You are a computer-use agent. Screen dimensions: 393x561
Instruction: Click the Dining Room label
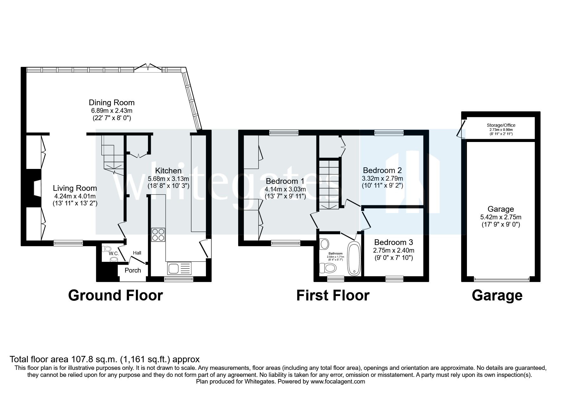pyautogui.click(x=112, y=103)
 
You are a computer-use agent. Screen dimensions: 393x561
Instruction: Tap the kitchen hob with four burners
pyautogui.click(x=158, y=235)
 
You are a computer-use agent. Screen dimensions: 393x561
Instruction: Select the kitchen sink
pyautogui.click(x=180, y=268)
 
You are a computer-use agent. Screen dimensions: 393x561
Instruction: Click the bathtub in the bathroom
pyautogui.click(x=354, y=259)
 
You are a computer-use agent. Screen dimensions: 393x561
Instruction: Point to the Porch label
pyautogui.click(x=133, y=270)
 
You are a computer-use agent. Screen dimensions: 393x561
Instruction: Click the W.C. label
pyautogui.click(x=113, y=254)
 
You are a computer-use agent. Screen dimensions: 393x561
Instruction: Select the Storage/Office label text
pyautogui.click(x=500, y=125)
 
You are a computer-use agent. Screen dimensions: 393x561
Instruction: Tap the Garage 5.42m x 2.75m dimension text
pyautogui.click(x=500, y=217)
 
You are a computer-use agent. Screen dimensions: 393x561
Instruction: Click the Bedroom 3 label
pyautogui.click(x=393, y=242)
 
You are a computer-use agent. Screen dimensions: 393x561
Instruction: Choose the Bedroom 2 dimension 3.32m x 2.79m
pyautogui.click(x=383, y=178)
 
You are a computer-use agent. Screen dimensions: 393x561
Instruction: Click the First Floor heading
pyautogui.click(x=333, y=295)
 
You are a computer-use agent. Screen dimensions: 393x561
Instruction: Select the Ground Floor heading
pyautogui.click(x=115, y=295)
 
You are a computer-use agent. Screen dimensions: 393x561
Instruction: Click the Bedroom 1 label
pyautogui.click(x=285, y=181)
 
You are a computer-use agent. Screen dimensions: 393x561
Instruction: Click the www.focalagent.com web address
pyautogui.click(x=338, y=382)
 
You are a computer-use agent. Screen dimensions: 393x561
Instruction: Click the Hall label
pyautogui.click(x=137, y=253)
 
